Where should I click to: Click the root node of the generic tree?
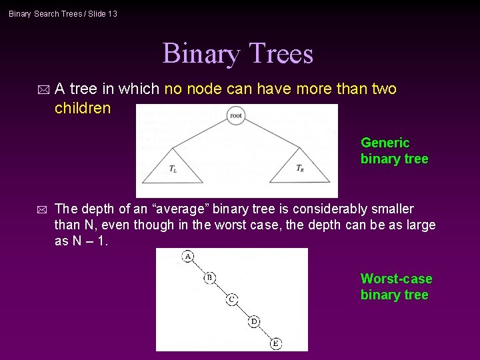[235, 116]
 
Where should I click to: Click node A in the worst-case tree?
[188, 256]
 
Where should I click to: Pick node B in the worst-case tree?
[209, 277]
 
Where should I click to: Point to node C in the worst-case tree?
[231, 299]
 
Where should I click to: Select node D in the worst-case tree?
[254, 322]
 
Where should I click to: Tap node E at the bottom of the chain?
[276, 343]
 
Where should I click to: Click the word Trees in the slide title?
[283, 54]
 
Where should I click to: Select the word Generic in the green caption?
[385, 143]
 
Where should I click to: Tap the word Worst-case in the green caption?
[396, 279]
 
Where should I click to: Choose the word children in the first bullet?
[83, 108]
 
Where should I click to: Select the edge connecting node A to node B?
[199, 267]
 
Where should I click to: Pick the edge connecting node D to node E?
[265, 333]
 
